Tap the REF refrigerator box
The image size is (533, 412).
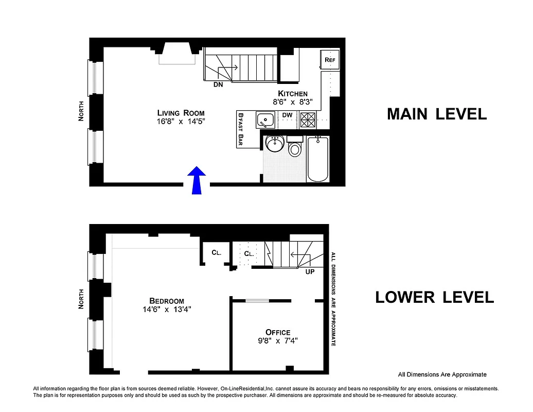(x=330, y=60)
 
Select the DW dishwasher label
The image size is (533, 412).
(x=287, y=114)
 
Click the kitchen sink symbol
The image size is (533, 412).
(x=266, y=120)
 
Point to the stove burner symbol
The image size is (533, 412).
(x=308, y=120)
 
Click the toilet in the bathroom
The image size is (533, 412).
(x=295, y=148)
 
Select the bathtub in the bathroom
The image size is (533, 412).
(x=317, y=159)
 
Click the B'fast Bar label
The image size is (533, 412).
(x=240, y=129)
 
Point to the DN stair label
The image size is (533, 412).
(x=218, y=85)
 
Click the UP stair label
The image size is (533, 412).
(x=310, y=271)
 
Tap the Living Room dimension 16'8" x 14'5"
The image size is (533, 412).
(x=181, y=122)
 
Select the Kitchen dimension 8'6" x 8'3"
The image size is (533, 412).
(x=293, y=102)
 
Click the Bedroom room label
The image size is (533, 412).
(x=166, y=301)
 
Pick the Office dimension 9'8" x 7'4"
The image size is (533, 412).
(x=278, y=340)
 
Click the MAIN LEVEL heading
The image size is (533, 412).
(x=436, y=114)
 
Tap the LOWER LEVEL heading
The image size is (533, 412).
(x=434, y=297)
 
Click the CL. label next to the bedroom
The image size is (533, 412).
(x=217, y=252)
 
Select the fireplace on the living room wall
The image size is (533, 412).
(x=177, y=56)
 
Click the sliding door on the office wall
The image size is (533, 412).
(x=256, y=300)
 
